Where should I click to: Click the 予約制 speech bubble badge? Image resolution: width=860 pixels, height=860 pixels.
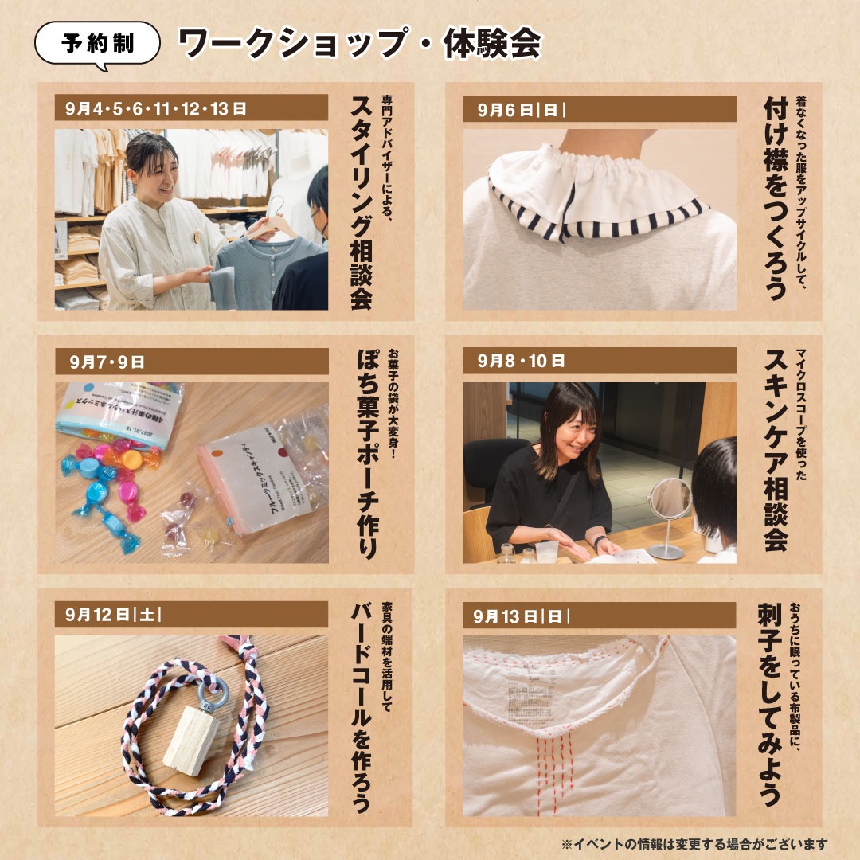coord(98,45)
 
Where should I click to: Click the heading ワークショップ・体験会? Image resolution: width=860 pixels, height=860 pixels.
coord(360,43)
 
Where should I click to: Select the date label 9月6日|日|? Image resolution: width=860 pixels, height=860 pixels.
coord(521,109)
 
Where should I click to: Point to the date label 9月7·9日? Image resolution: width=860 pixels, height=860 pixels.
coord(107,362)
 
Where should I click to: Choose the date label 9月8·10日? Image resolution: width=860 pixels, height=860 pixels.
coord(521,361)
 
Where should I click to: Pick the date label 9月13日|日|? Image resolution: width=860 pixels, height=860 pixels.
coord(521,616)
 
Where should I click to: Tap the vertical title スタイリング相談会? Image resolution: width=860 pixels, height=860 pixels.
coord(362,203)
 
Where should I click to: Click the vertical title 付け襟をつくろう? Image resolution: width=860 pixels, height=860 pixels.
coord(776,198)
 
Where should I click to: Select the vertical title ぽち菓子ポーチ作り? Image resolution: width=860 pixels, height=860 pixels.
coord(367,454)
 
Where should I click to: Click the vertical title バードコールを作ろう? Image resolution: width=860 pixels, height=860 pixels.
coord(362,708)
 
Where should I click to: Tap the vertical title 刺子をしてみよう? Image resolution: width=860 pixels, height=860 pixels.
coord(769,704)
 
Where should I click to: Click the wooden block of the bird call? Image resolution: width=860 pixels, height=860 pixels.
coord(190,741)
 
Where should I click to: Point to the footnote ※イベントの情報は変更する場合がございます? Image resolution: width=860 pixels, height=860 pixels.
coord(694,844)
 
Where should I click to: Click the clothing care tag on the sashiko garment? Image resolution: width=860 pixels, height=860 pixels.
coord(529,702)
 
